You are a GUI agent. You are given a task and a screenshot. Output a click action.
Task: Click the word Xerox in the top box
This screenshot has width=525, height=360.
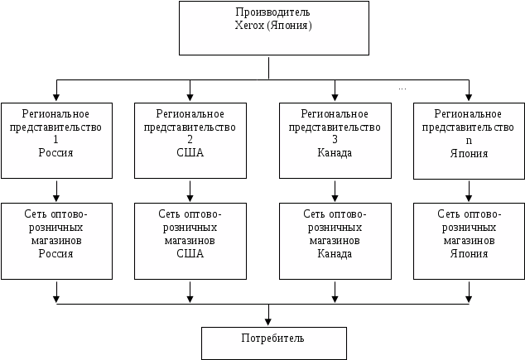(x=249, y=26)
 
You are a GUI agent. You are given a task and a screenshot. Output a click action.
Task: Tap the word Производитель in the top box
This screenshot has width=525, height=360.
(x=272, y=12)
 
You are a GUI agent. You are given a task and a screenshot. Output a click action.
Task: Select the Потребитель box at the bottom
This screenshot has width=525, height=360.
(x=274, y=343)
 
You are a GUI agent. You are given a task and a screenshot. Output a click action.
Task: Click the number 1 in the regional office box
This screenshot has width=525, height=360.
(x=56, y=140)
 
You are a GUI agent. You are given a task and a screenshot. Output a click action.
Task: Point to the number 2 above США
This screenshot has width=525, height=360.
(x=190, y=140)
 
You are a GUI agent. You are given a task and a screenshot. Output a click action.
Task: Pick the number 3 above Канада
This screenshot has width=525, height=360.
(x=335, y=140)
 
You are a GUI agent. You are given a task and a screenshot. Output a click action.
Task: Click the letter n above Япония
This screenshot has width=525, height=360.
(x=469, y=141)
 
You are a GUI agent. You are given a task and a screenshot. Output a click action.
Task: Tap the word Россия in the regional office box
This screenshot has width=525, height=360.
(x=55, y=153)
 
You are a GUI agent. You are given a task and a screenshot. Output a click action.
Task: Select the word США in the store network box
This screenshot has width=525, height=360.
(x=190, y=253)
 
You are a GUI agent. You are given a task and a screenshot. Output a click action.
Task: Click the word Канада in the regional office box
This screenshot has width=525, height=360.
(x=335, y=153)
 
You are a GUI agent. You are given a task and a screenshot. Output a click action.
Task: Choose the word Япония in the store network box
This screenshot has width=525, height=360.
(x=469, y=253)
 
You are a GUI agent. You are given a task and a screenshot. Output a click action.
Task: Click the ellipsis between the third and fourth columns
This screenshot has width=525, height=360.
(x=402, y=89)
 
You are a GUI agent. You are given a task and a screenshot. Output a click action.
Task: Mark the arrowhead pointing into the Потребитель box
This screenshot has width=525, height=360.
(x=267, y=322)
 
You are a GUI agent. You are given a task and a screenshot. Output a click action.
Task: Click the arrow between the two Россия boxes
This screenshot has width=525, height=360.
(x=56, y=191)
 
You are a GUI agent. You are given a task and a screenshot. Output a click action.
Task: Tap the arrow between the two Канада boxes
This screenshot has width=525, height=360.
(x=335, y=191)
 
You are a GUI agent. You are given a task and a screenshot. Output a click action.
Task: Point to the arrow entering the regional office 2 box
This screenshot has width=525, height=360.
(x=190, y=90)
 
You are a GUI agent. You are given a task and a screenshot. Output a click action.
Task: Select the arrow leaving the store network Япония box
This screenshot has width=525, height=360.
(x=469, y=292)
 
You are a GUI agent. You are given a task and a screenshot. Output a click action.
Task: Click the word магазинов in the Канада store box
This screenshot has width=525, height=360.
(x=335, y=241)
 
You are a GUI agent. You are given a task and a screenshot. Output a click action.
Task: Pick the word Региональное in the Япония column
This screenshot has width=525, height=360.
(x=468, y=114)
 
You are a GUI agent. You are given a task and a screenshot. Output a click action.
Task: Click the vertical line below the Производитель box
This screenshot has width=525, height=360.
(x=268, y=68)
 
